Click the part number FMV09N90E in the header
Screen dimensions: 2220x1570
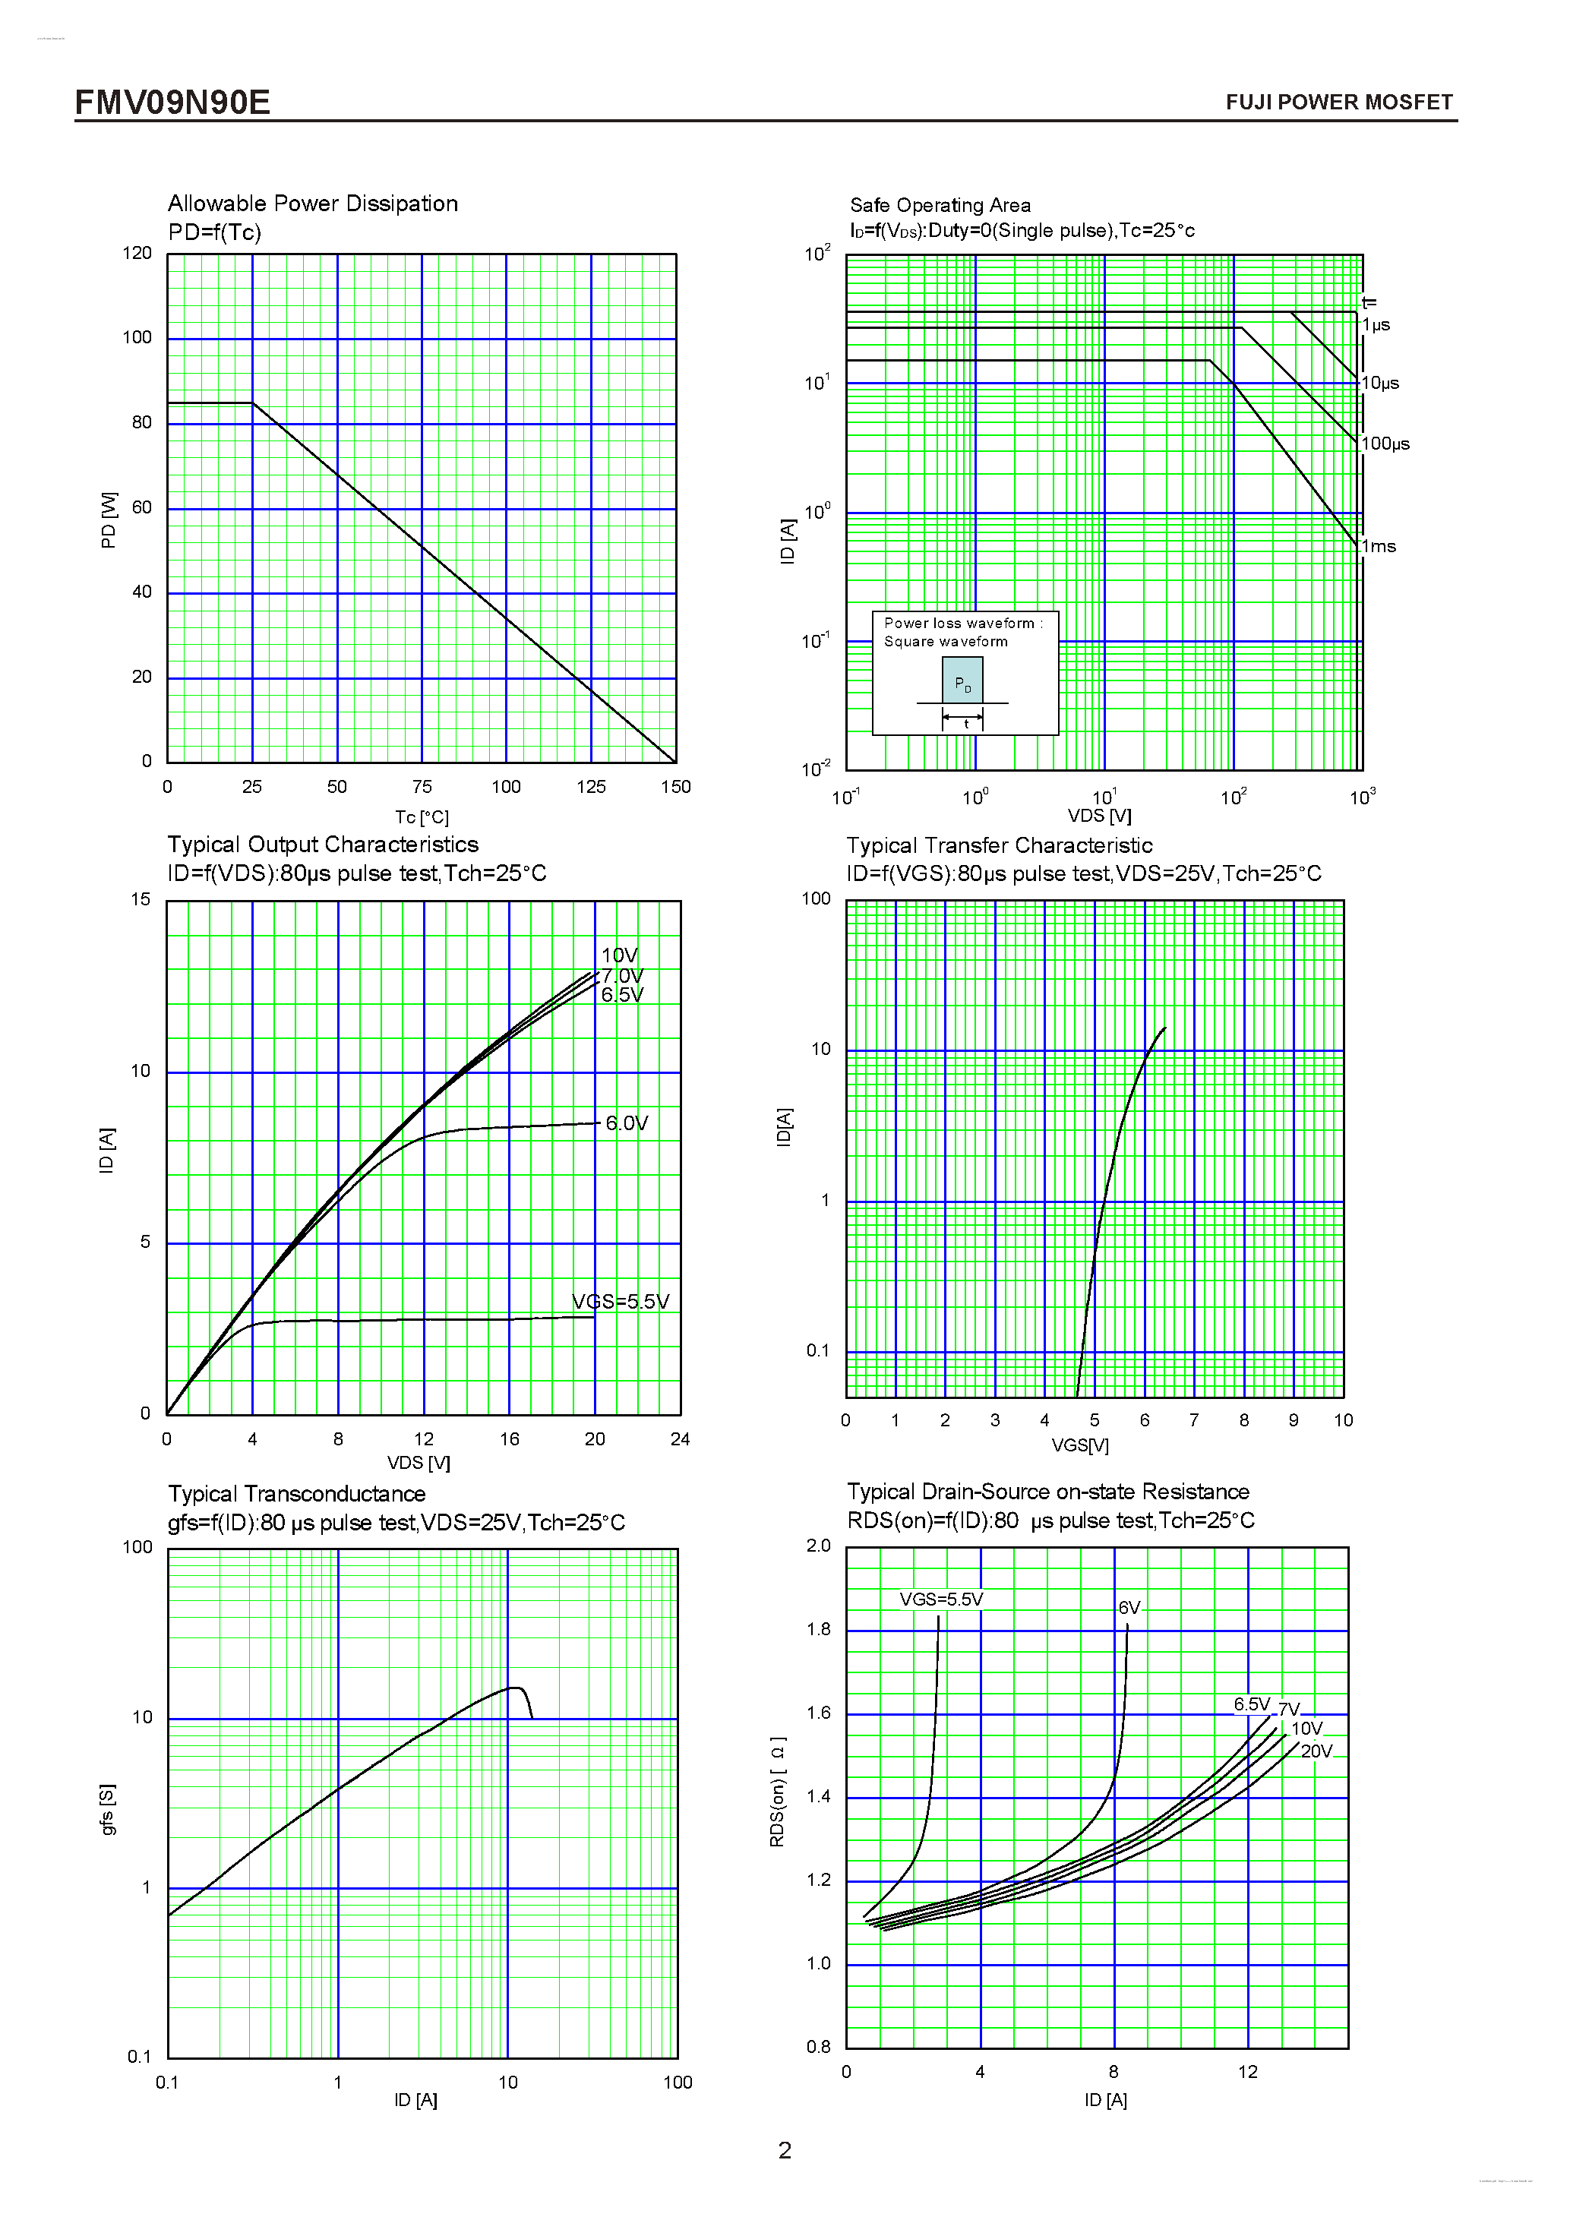[172, 102]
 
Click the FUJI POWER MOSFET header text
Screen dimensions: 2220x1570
[1338, 103]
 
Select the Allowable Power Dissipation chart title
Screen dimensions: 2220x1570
[312, 203]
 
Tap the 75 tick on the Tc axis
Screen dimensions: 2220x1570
[422, 787]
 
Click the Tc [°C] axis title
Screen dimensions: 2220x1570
[422, 817]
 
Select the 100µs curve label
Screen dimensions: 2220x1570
[1385, 444]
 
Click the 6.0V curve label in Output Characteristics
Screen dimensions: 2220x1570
[627, 1123]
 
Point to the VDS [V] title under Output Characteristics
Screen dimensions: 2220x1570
[419, 1463]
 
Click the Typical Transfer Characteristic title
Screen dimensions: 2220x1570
[999, 846]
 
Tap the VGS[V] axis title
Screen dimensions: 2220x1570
[1080, 1445]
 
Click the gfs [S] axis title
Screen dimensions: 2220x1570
[107, 1809]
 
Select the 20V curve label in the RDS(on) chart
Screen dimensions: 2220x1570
[1316, 1751]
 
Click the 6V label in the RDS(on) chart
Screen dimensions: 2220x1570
[1129, 1608]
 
